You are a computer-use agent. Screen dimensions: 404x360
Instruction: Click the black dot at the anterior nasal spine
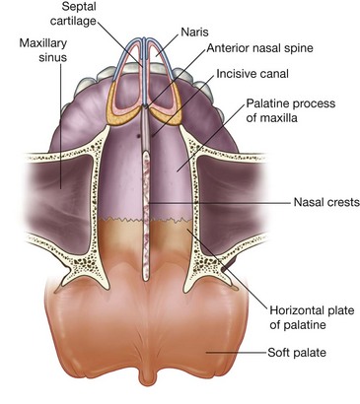[146, 105]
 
